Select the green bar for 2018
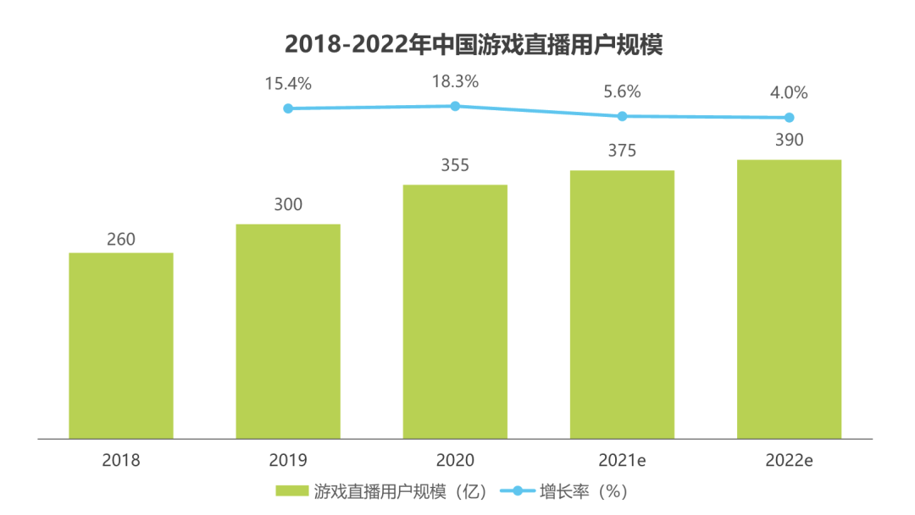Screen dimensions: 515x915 121,346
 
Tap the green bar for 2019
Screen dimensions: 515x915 288,331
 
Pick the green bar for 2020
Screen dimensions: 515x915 455,312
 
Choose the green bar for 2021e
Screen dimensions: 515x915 622,305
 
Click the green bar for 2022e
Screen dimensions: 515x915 789,299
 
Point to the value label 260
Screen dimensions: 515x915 121,240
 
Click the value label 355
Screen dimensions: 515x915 455,165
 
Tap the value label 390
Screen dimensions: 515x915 789,141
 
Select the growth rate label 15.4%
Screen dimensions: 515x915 288,84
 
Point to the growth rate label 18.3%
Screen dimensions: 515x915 455,82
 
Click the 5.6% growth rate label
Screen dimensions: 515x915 622,91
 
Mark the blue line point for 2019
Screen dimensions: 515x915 288,108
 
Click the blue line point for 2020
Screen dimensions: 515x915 455,106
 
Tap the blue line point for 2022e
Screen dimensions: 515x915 789,118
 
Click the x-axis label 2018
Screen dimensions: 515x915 121,461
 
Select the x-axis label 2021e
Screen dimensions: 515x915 622,461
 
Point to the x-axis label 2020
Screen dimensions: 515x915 455,461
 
